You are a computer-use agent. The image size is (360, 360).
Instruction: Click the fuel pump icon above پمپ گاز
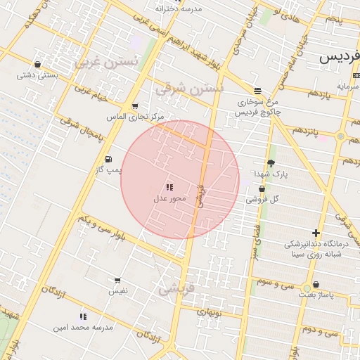[108, 160]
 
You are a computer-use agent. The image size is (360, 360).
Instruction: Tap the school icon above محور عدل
[169, 187]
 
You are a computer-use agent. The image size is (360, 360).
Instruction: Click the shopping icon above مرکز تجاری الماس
[134, 106]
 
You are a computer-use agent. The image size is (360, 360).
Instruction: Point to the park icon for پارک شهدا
[271, 162]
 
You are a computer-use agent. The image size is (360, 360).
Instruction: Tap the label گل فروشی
[262, 199]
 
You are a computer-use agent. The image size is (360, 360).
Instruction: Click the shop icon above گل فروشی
[262, 188]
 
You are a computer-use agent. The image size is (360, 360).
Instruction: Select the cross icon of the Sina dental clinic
[316, 233]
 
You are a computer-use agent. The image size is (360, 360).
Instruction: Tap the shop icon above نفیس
[117, 281]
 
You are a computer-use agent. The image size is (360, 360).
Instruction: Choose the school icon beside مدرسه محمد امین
[83, 317]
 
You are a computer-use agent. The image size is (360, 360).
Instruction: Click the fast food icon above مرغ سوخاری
[258, 91]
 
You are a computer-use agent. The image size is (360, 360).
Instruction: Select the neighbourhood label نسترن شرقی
[188, 89]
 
